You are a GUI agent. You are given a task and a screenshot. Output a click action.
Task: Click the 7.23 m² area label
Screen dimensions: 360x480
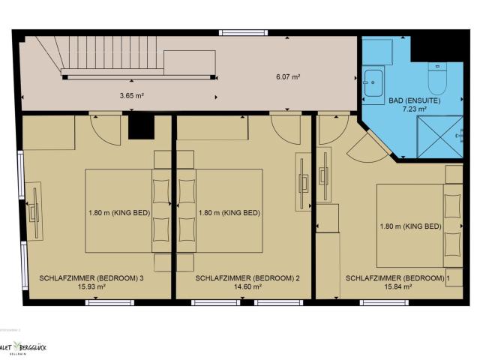(x=414, y=109)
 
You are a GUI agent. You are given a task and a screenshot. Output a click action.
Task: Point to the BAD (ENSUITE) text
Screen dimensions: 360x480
(x=414, y=100)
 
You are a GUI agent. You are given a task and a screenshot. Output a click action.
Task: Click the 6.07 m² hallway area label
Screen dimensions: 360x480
(x=287, y=76)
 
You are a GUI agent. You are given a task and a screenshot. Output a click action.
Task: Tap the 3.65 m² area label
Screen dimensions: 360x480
(x=131, y=96)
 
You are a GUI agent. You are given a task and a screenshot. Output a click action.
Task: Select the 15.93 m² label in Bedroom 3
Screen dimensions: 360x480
(x=91, y=286)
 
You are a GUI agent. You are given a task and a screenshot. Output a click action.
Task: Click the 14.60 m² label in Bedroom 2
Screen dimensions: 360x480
(x=247, y=286)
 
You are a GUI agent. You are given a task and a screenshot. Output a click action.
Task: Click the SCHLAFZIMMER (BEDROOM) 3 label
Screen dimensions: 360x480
(x=91, y=277)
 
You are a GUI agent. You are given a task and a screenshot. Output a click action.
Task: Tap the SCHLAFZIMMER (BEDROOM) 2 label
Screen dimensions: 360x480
(x=247, y=277)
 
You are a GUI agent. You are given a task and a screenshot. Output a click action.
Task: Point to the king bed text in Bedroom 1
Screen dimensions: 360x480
(x=410, y=226)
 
